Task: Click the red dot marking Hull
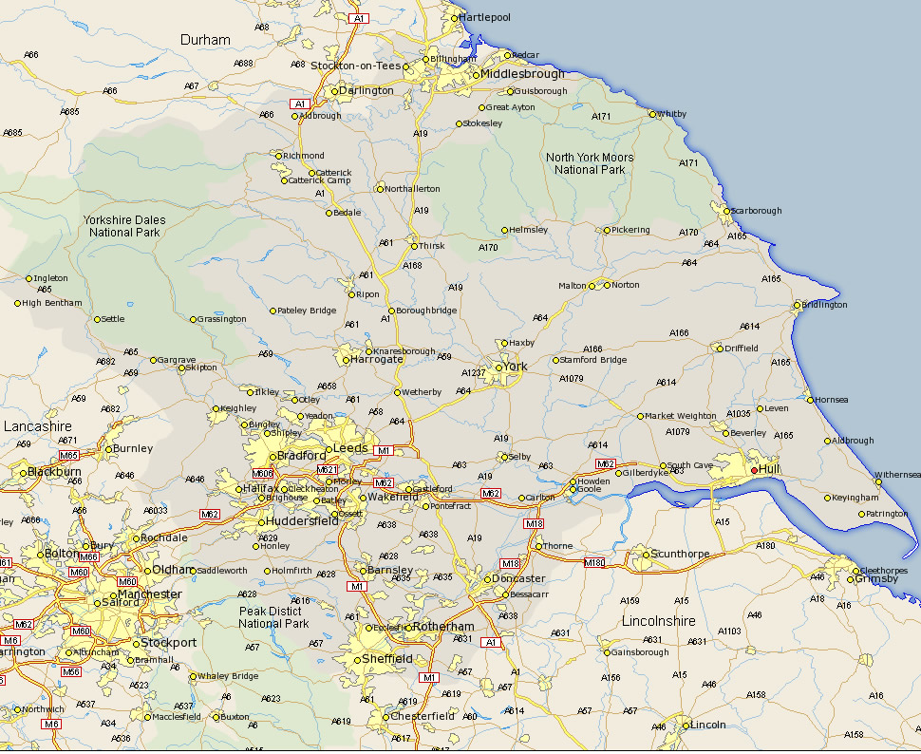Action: pos(755,469)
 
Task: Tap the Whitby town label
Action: pos(671,114)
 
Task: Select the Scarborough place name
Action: pos(757,211)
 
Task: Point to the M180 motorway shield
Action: pos(594,563)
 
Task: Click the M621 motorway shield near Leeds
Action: pos(327,469)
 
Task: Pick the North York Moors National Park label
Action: pos(590,163)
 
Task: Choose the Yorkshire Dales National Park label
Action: pos(124,226)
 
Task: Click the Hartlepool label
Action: pos(485,17)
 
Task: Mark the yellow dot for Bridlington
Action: pos(798,305)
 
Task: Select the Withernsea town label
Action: pos(897,474)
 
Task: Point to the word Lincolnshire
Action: pos(658,621)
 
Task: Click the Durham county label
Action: pos(205,40)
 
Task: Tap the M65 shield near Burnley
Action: pos(69,456)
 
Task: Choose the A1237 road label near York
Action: pos(473,373)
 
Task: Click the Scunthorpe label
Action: pos(681,554)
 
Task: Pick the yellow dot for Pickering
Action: pos(607,230)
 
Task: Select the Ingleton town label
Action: pos(51,278)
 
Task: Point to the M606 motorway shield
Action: pos(263,473)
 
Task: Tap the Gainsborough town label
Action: pos(641,652)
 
